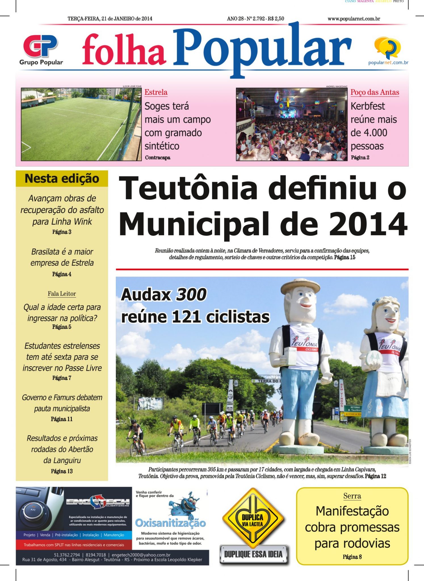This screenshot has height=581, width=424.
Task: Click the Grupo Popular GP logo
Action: coord(41,46)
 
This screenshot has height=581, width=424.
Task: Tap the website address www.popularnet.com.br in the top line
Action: coord(354,19)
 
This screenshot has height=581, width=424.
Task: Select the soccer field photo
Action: coord(81,124)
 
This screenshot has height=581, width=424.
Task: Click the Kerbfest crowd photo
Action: coord(291,124)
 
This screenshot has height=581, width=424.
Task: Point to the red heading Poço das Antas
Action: coord(375,92)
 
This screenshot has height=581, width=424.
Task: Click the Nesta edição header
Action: coord(62,179)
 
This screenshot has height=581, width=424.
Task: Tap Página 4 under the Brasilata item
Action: coord(62,274)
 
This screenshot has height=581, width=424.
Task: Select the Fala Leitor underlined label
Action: coord(62,294)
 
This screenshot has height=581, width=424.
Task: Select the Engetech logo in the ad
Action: coord(98,502)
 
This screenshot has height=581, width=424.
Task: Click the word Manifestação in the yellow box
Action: coord(352,511)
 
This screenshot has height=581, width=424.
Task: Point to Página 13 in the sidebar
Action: coord(62,471)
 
